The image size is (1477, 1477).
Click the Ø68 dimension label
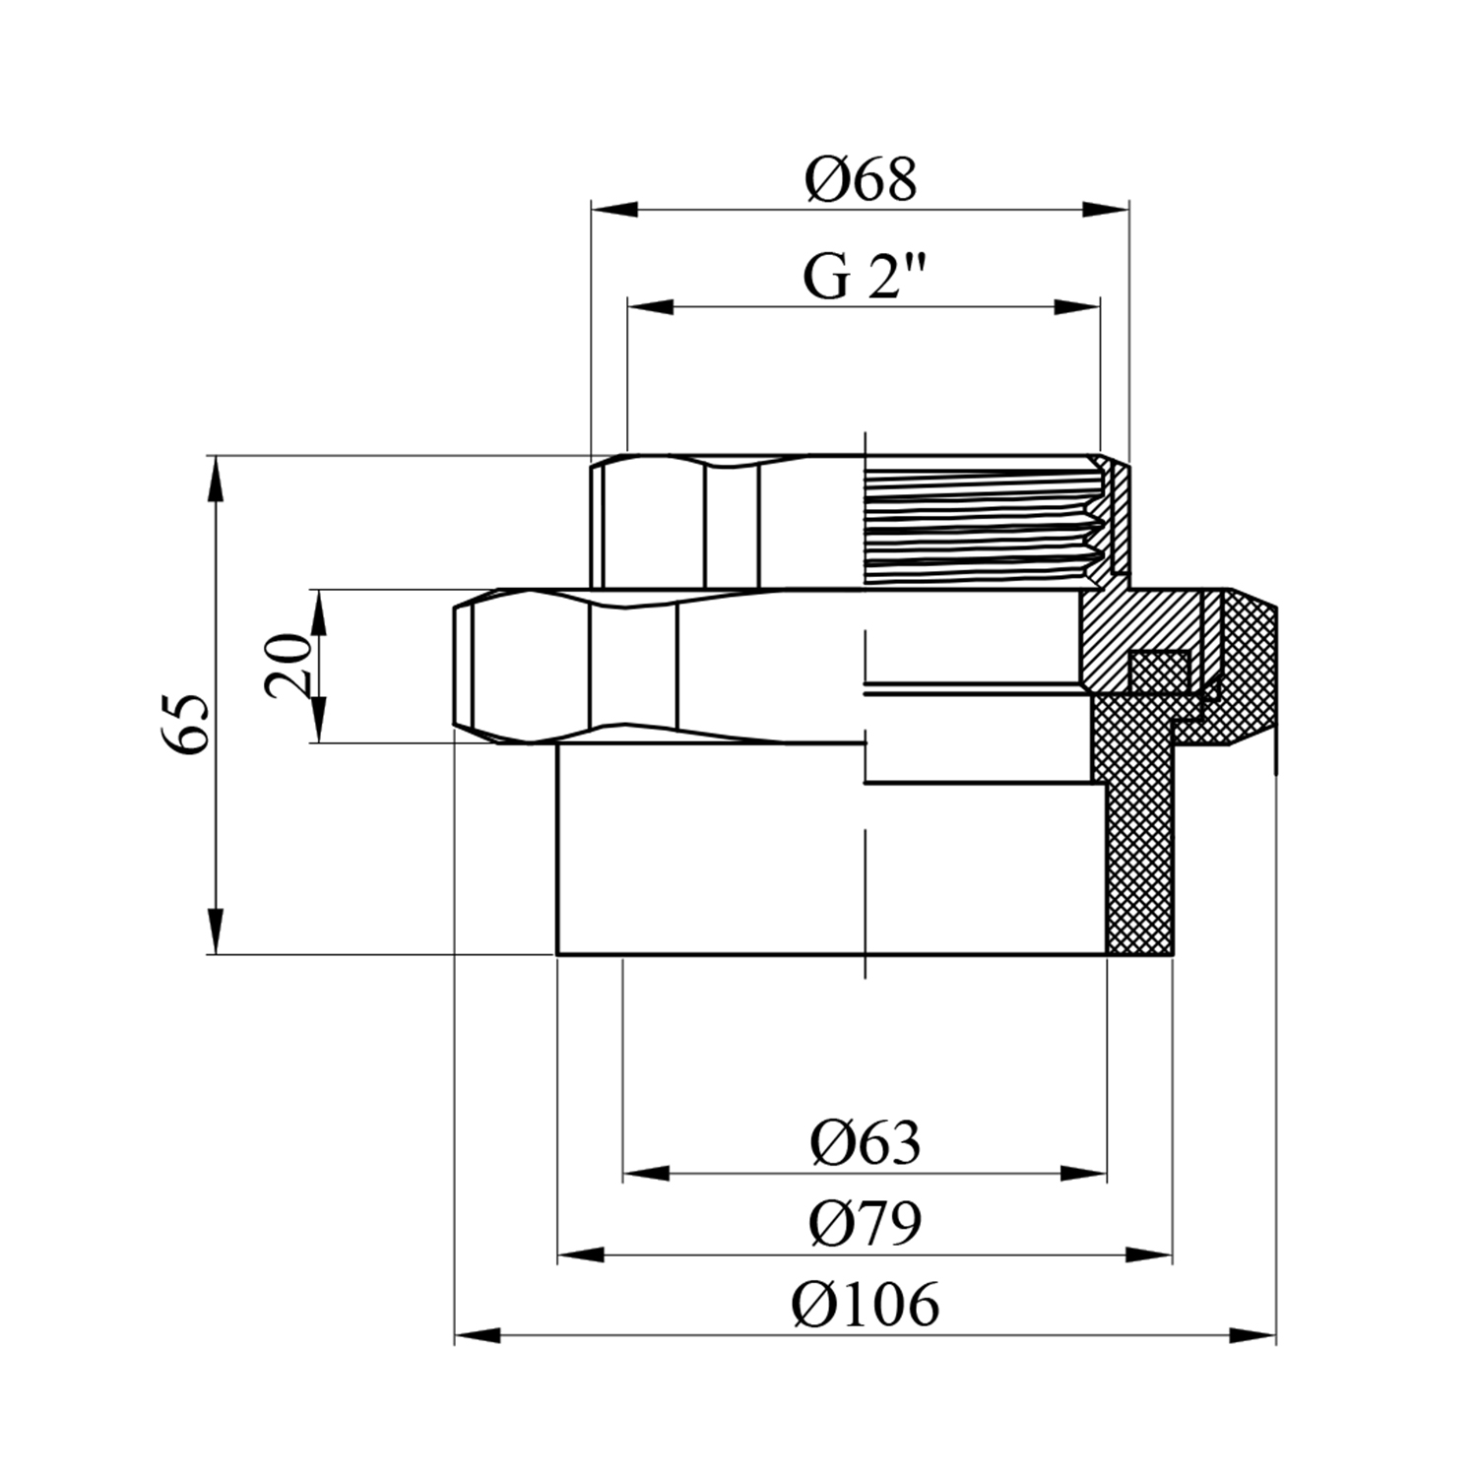pyautogui.click(x=861, y=180)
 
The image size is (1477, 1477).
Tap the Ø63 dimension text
pyautogui.click(x=866, y=1143)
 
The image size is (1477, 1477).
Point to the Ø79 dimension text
pyautogui.click(x=866, y=1224)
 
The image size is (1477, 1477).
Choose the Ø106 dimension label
pyautogui.click(x=866, y=1305)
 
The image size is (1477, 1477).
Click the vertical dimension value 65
pyautogui.click(x=184, y=724)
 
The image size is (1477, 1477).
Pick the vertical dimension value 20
pyautogui.click(x=289, y=667)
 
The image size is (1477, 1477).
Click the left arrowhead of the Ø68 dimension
pyautogui.click(x=613, y=209)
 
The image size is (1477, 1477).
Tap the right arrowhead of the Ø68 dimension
pyautogui.click(x=1106, y=209)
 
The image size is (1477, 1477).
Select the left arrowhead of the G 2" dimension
pyautogui.click(x=651, y=307)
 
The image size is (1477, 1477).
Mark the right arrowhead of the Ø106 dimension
pyautogui.click(x=1252, y=1336)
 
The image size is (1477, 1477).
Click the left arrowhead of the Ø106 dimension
pyautogui.click(x=478, y=1336)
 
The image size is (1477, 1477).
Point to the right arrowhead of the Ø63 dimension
pyautogui.click(x=1083, y=1174)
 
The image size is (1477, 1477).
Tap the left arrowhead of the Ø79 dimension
pyautogui.click(x=581, y=1255)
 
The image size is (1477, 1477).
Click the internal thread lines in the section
pyautogui.click(x=985, y=523)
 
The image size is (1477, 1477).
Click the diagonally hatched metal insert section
pyautogui.click(x=1132, y=630)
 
